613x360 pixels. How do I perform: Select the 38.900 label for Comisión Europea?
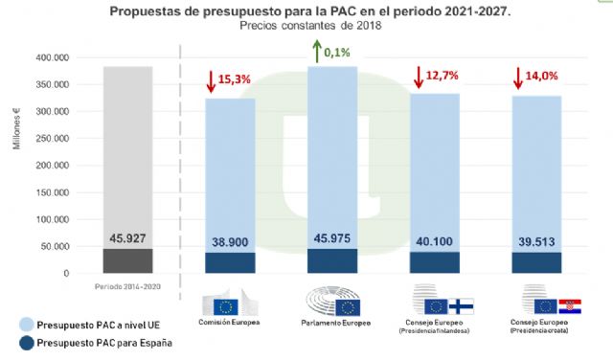[x=230, y=243]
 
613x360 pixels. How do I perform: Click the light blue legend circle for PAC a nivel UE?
[x=19, y=324]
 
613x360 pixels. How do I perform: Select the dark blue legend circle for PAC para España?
[x=19, y=344]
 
